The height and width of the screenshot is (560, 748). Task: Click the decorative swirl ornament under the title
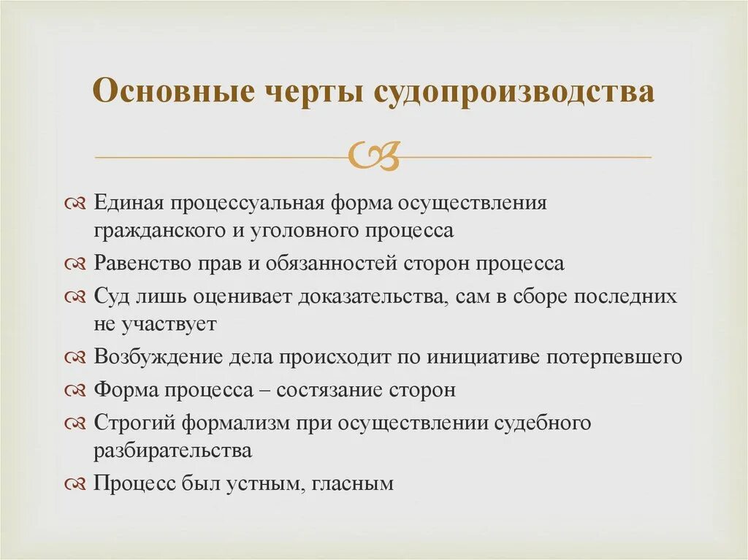click(374, 154)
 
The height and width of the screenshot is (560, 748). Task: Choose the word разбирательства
click(172, 450)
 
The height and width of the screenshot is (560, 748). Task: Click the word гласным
click(352, 483)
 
